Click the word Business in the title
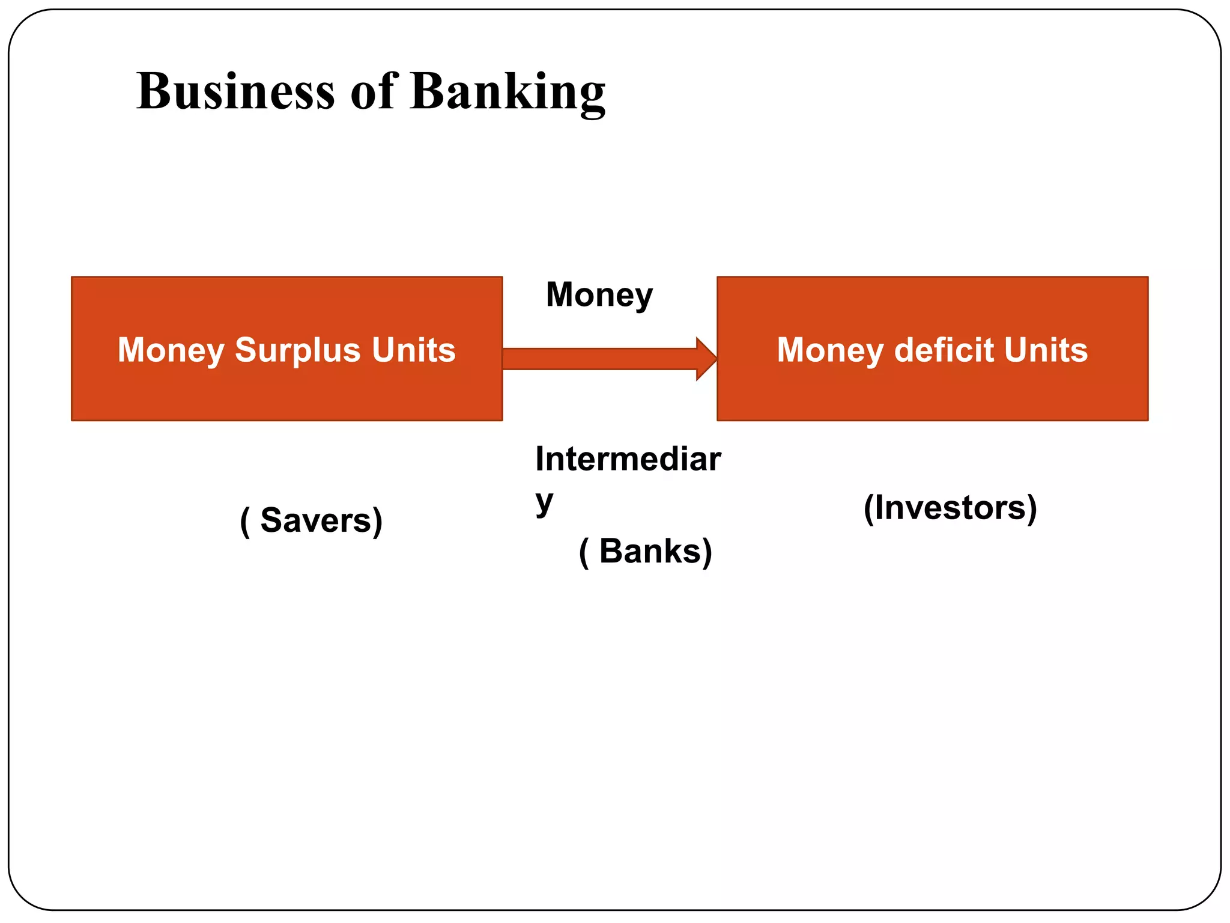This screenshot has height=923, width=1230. click(235, 91)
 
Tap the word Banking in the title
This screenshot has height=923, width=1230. click(507, 93)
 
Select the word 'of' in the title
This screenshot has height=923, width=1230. click(373, 91)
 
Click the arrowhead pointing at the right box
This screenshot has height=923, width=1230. click(706, 359)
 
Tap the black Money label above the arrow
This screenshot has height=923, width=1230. click(599, 296)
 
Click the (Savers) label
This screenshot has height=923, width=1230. click(311, 520)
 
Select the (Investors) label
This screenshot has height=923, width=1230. click(950, 508)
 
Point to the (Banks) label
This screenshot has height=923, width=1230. click(646, 552)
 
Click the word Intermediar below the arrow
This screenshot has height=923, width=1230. click(628, 459)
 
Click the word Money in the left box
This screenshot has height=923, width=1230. click(171, 350)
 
